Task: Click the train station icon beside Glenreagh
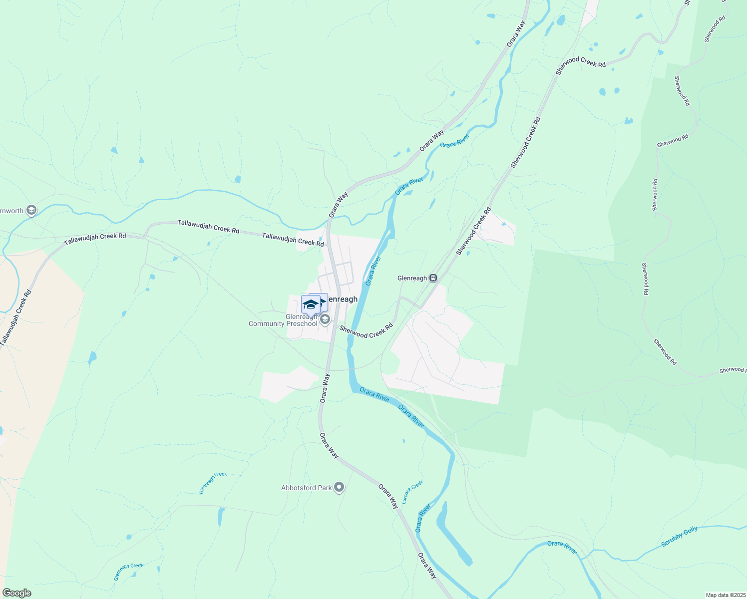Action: tap(433, 278)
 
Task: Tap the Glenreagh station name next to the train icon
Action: tap(412, 278)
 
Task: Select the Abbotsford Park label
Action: tap(306, 488)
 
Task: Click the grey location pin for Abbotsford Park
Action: tap(339, 487)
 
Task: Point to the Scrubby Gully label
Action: tap(679, 537)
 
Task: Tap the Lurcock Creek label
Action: tap(413, 492)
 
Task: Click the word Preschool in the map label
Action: tap(302, 323)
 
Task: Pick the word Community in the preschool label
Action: tap(267, 323)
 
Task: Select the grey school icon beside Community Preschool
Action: tap(325, 319)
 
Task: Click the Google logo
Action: tap(16, 593)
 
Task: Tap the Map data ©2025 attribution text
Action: tap(725, 595)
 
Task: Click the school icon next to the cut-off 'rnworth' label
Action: tap(31, 211)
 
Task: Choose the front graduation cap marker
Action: tap(311, 304)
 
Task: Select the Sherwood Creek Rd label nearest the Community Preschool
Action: tap(366, 331)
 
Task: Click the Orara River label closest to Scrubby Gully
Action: tap(562, 547)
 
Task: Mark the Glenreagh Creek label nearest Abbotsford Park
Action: tap(213, 483)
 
